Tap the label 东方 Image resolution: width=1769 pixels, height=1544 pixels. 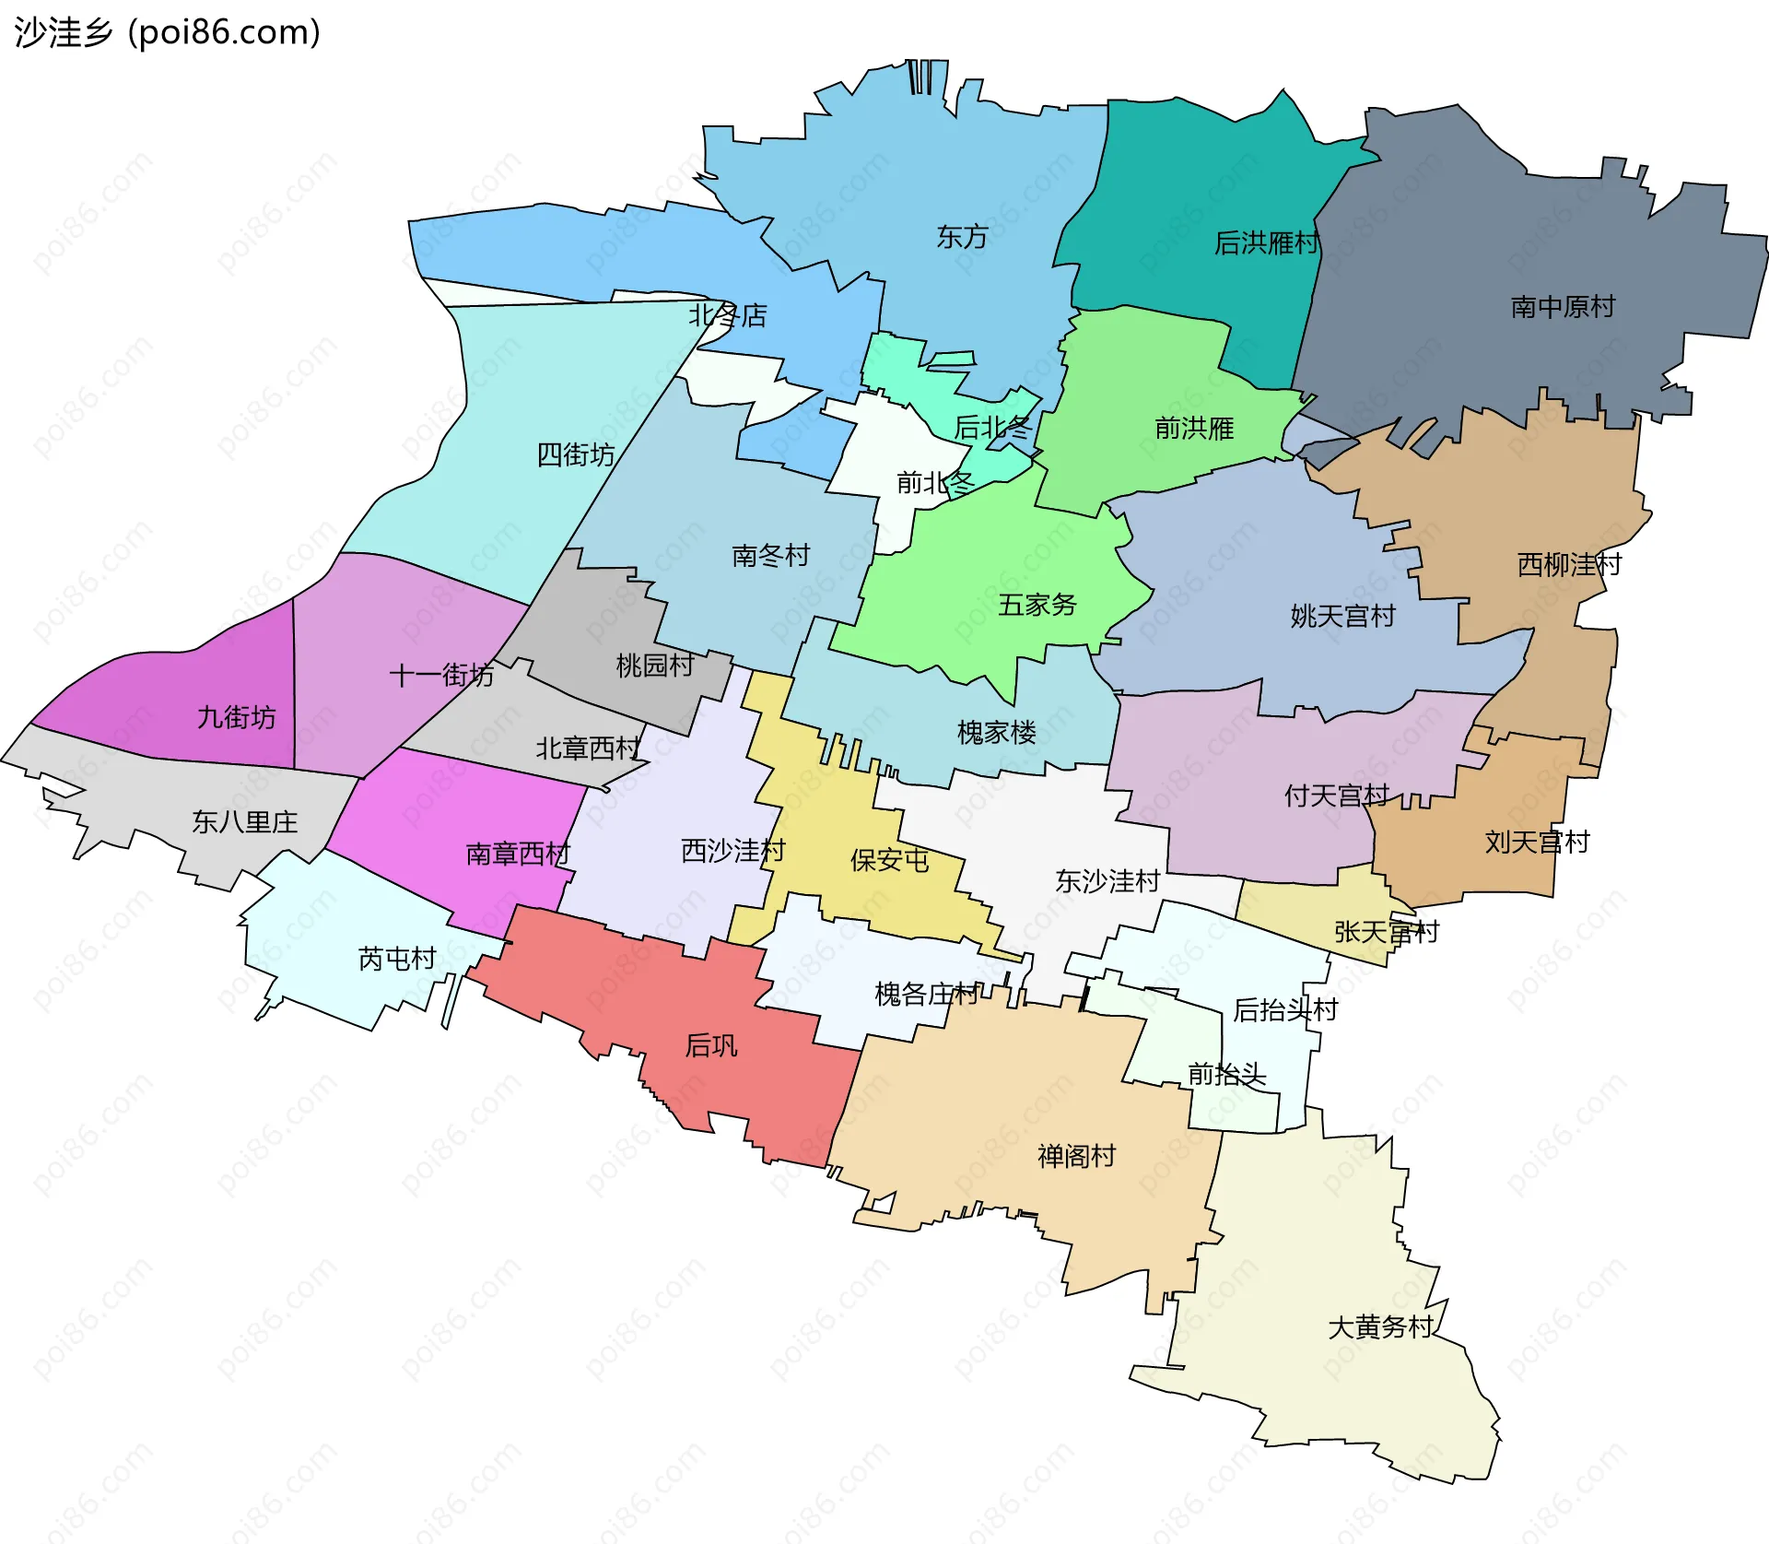click(962, 238)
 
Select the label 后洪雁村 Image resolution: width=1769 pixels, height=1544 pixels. click(1267, 243)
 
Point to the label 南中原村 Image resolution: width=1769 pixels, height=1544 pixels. click(1563, 307)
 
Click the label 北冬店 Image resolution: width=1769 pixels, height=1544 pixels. click(728, 316)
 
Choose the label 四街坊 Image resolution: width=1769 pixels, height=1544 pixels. click(576, 454)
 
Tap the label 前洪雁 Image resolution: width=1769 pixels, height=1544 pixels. click(1194, 429)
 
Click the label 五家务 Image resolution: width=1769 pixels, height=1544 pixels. click(1037, 606)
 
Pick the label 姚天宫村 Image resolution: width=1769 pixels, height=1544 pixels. click(1342, 617)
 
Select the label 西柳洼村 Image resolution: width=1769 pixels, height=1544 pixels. click(1569, 565)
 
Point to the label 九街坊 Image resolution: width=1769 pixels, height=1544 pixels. click(237, 718)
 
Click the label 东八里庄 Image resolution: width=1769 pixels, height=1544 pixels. click(245, 822)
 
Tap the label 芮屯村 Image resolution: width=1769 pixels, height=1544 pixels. click(397, 960)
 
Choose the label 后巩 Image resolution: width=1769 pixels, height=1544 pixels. click(711, 1046)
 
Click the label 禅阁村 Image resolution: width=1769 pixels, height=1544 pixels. click(1076, 1157)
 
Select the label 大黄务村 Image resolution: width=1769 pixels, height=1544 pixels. click(1380, 1327)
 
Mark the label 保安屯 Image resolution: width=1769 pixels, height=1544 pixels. click(889, 861)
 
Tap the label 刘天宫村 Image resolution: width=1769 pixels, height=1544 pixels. click(1537, 843)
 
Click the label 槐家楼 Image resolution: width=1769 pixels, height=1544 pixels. click(997, 734)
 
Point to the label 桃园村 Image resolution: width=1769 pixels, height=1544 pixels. click(655, 666)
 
